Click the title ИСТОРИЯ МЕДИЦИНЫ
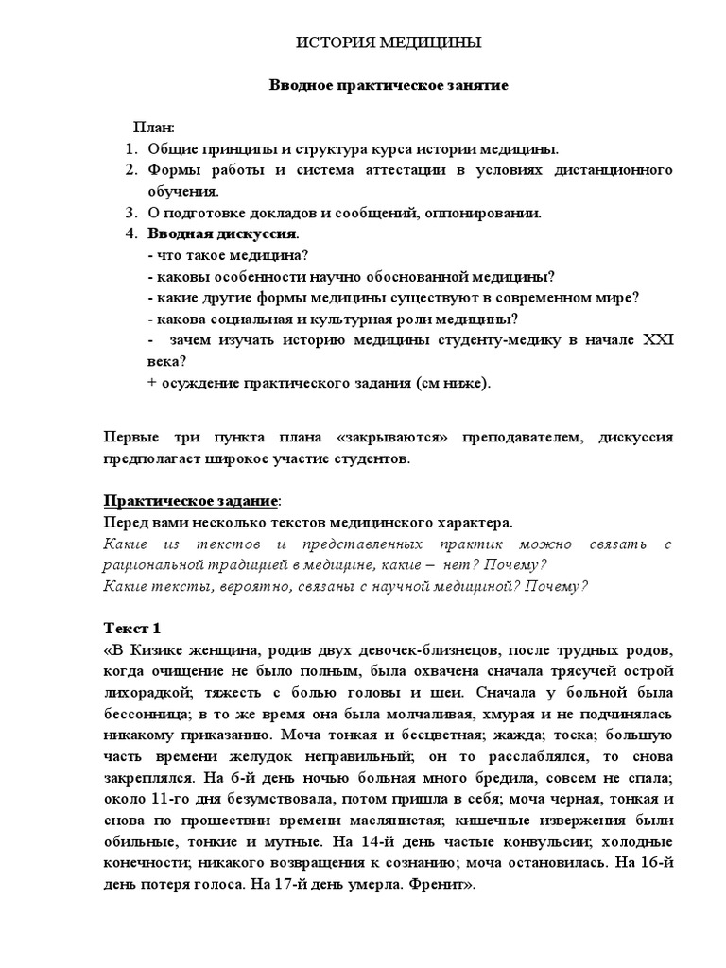click(x=389, y=43)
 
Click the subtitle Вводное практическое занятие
click(x=390, y=85)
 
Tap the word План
click(x=153, y=128)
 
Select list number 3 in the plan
click(x=131, y=213)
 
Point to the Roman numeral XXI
click(x=657, y=340)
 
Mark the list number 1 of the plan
click(x=131, y=148)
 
